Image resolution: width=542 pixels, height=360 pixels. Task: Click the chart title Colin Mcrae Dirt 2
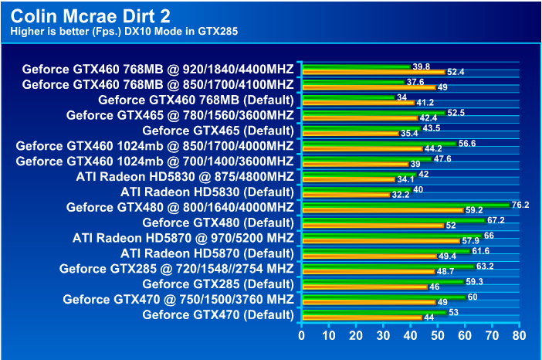pos(91,15)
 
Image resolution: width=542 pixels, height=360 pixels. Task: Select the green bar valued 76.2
pos(405,204)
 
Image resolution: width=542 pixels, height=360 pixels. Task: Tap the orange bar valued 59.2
pos(382,210)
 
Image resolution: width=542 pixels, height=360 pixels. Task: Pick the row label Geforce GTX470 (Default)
pos(218,314)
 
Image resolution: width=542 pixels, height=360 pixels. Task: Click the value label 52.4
pos(456,72)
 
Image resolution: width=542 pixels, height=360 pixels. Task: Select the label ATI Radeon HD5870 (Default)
pos(207,253)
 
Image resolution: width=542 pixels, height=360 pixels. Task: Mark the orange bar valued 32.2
pos(345,195)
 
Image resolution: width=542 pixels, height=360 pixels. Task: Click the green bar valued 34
pos(347,97)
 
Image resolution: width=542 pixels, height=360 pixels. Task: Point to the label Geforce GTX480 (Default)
pos(218,222)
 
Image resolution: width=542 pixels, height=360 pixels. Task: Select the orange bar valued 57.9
pos(381,241)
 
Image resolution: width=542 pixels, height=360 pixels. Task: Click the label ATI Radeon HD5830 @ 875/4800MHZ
pos(185,176)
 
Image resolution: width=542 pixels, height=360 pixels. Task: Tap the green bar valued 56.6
pos(378,143)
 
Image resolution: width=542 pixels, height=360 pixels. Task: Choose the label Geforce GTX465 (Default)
pos(218,130)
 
